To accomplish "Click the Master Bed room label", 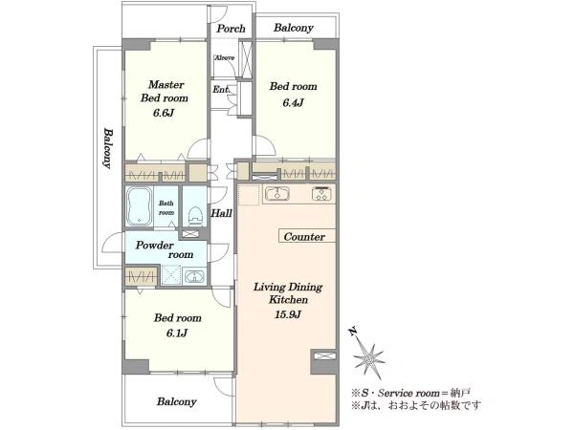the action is click(x=165, y=91).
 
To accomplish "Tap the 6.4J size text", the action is click(x=293, y=103).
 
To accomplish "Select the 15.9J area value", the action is click(x=288, y=314).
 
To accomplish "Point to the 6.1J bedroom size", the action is click(x=177, y=333).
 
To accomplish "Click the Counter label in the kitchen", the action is click(x=304, y=237).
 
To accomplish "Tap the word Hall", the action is click(x=222, y=213).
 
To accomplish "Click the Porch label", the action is click(x=231, y=29).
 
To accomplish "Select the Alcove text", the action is click(x=225, y=57).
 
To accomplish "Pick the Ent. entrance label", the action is click(x=221, y=89).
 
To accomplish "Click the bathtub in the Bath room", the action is click(x=139, y=206).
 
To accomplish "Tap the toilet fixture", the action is click(x=195, y=215).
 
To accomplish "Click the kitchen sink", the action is click(x=277, y=193).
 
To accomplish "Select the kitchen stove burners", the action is click(x=323, y=193).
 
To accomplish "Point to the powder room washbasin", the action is click(x=195, y=277).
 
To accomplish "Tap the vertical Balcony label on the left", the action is click(x=107, y=148).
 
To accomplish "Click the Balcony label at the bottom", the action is click(x=177, y=402).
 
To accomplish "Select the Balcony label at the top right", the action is click(x=294, y=28).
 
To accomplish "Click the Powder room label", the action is click(x=165, y=249).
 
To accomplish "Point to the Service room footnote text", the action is click(x=410, y=394).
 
